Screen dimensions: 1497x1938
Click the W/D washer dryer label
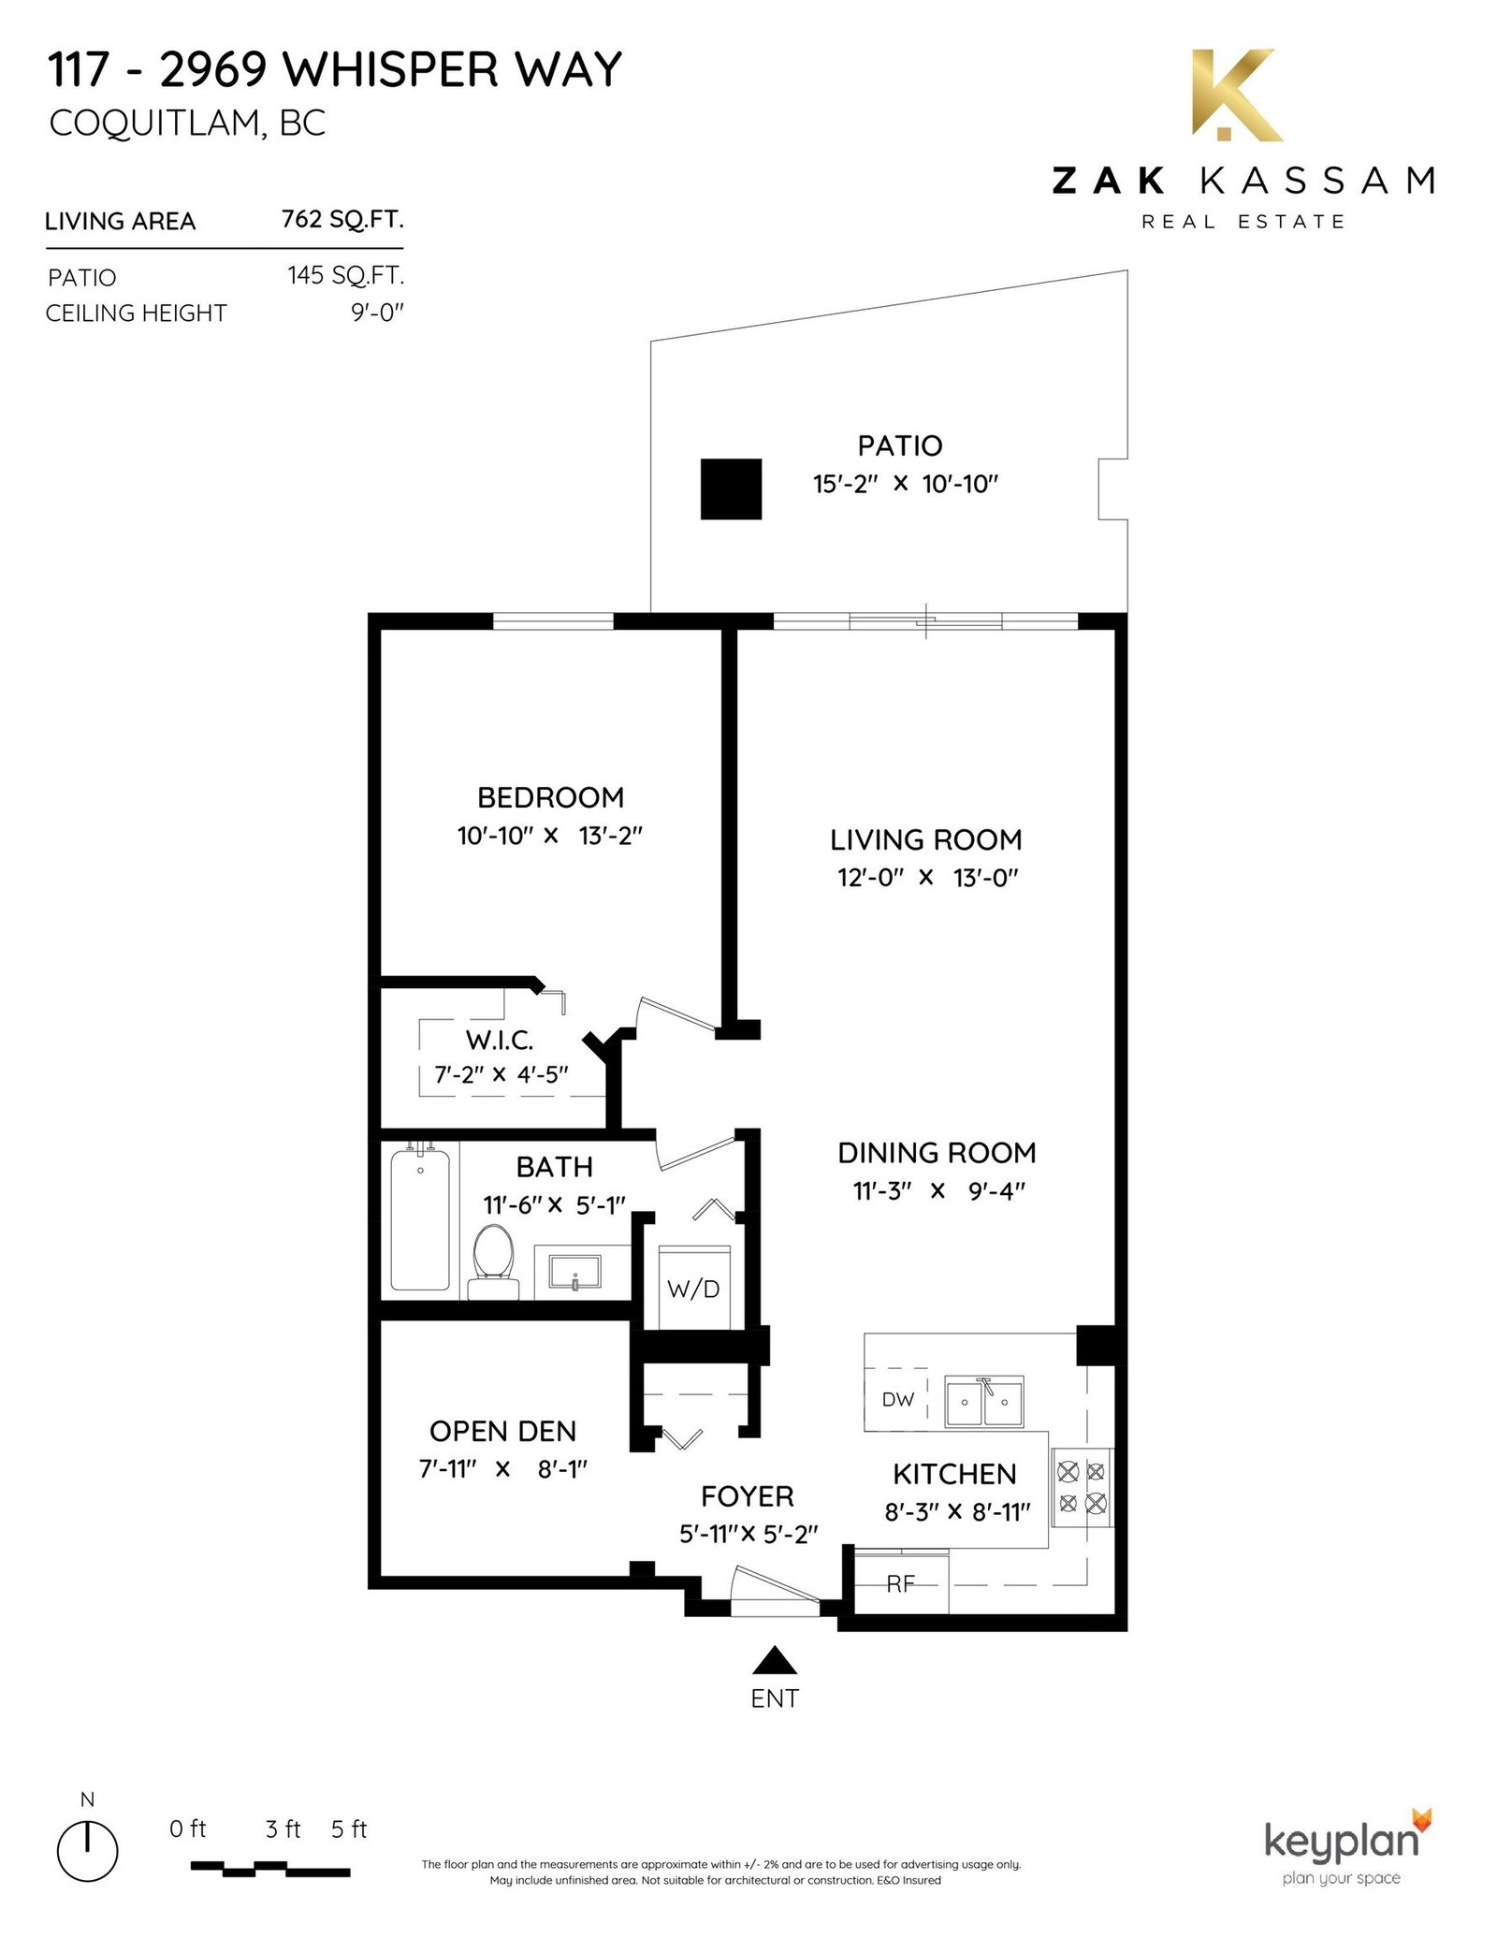click(x=693, y=1289)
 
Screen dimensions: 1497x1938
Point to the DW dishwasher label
click(x=897, y=1400)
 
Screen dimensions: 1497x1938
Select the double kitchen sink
click(x=983, y=1401)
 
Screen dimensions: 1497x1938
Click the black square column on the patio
click(x=732, y=489)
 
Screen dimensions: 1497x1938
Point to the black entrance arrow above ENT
click(x=774, y=1660)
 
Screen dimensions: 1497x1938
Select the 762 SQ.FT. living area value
click(x=342, y=220)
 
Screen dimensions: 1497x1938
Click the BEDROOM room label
click(x=550, y=797)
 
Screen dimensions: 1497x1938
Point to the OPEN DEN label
click(x=502, y=1431)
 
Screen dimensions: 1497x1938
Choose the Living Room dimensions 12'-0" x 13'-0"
click(x=926, y=878)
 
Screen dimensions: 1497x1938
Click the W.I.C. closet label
click(x=500, y=1040)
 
